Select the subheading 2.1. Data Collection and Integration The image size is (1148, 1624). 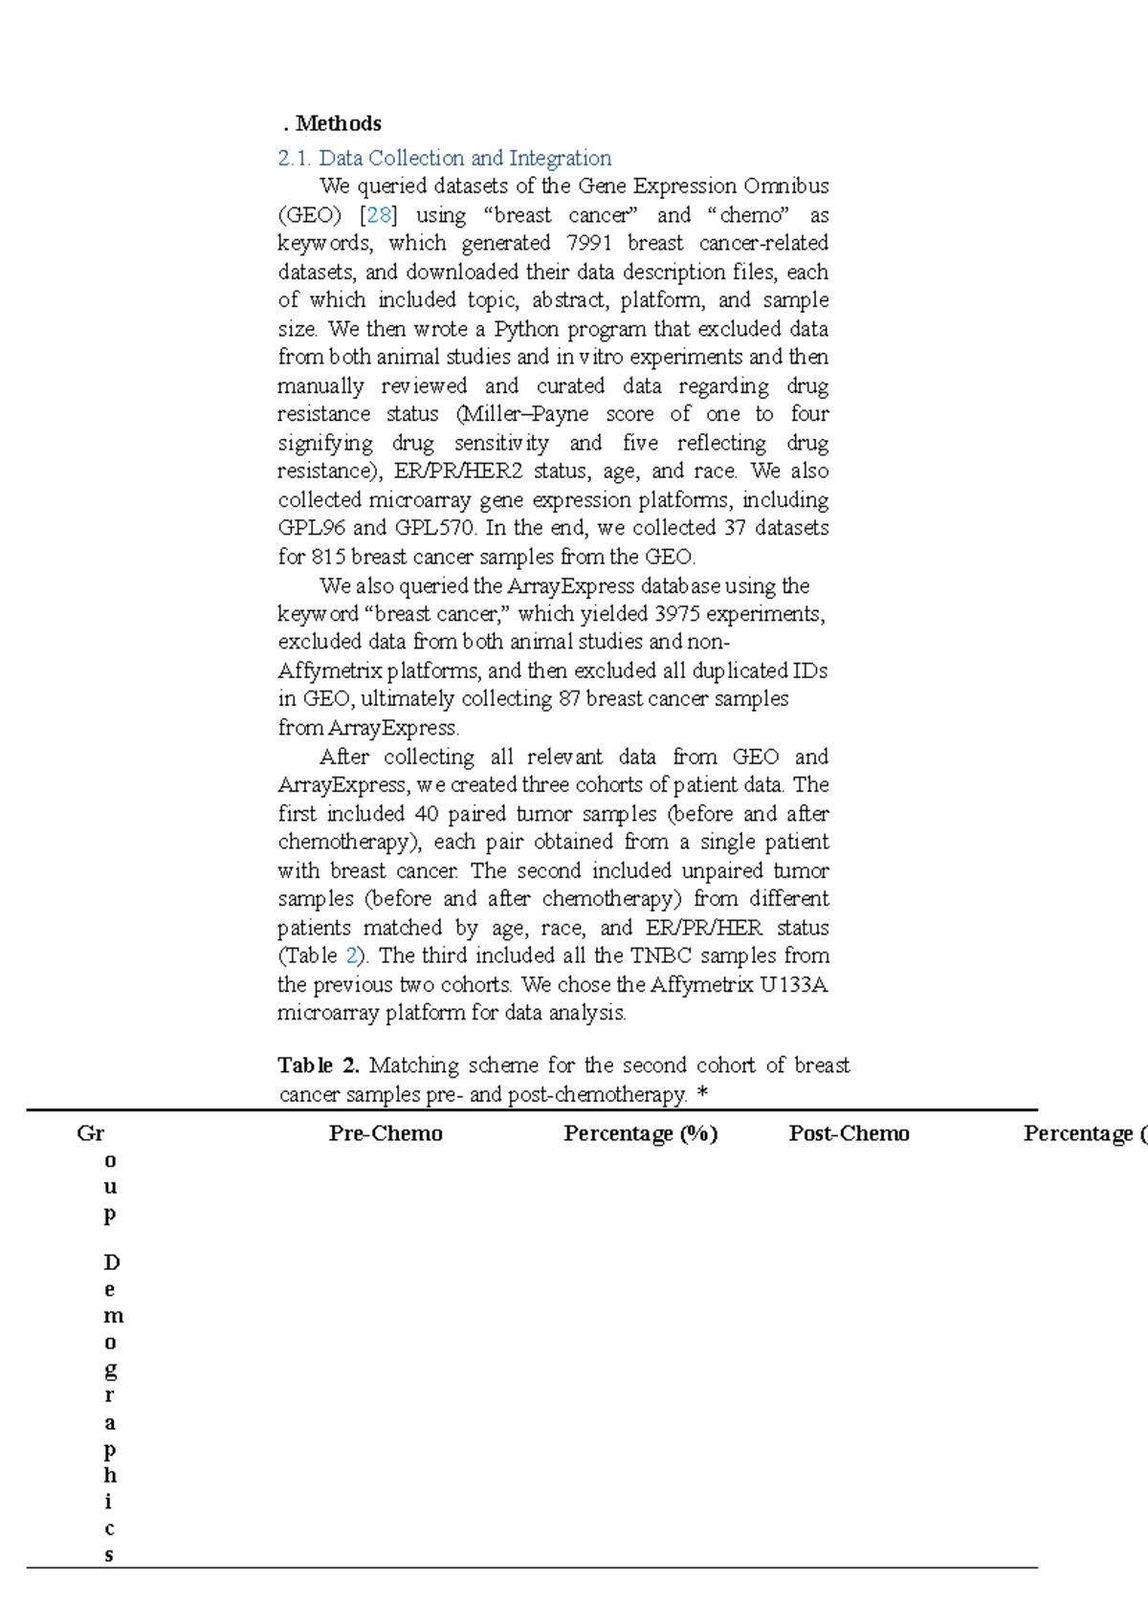444,158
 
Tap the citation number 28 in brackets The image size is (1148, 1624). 379,215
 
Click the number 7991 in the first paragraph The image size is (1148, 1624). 589,243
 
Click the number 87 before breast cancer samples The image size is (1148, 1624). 569,699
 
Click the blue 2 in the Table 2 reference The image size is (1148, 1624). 352,955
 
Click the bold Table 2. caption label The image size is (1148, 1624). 318,1065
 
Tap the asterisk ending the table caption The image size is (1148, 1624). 703,1094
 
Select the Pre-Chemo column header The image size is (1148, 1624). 386,1133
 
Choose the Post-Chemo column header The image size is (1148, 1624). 849,1133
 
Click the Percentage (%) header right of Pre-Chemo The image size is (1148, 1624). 640,1133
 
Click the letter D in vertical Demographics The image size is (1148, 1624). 111,1262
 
